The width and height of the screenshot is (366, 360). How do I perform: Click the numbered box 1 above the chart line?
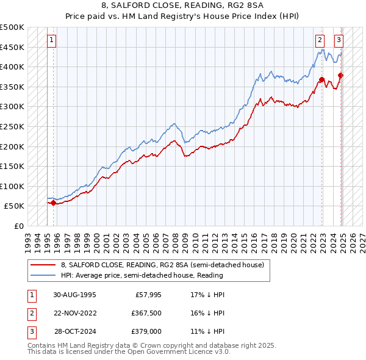[x=51, y=41]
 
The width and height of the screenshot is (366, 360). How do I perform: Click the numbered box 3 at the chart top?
[x=339, y=41]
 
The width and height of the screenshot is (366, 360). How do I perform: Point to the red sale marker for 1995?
[x=53, y=203]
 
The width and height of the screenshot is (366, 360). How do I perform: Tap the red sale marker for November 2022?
[x=321, y=79]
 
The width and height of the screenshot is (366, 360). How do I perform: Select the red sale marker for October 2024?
[x=341, y=75]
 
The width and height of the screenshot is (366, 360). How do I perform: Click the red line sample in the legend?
[x=43, y=265]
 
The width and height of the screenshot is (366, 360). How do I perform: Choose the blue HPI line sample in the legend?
[x=43, y=275]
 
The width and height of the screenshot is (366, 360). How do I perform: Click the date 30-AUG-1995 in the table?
[x=74, y=294]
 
